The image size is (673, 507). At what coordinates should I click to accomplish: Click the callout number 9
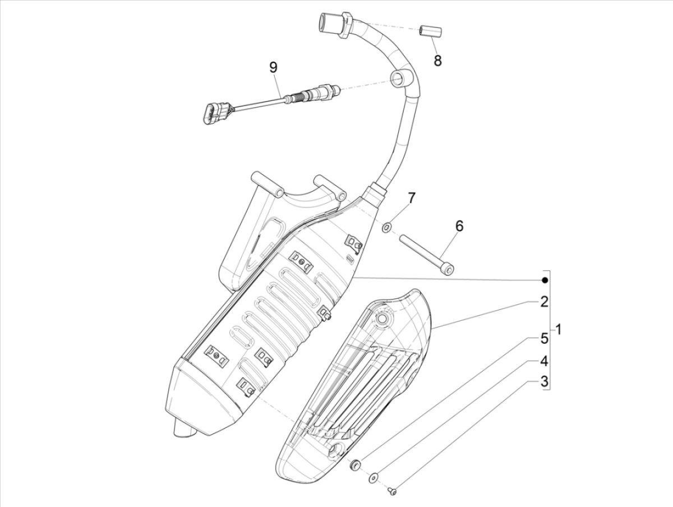(273, 68)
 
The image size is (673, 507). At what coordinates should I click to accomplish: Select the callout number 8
(437, 60)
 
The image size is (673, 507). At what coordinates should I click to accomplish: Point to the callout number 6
(459, 226)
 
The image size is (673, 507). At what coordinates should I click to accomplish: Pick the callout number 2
(543, 302)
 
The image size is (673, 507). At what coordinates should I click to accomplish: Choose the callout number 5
(543, 338)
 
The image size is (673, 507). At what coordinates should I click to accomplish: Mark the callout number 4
(543, 360)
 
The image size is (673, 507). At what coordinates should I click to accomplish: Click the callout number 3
(543, 382)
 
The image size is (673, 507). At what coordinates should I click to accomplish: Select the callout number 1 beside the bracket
(557, 329)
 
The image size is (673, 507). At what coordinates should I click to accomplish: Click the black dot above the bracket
(543, 280)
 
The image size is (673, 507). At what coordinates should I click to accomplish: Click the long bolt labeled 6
(426, 255)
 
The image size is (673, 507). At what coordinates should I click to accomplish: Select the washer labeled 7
(387, 228)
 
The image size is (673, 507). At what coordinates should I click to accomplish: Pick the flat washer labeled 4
(373, 478)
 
